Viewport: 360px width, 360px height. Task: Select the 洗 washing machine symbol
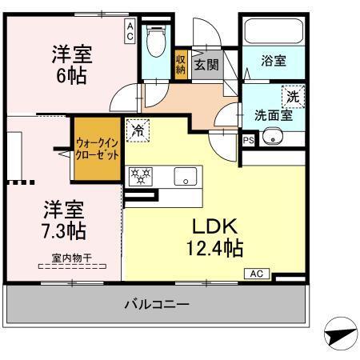pyautogui.click(x=294, y=94)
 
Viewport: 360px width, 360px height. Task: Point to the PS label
pyautogui.click(x=247, y=140)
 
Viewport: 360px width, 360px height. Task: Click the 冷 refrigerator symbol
pyautogui.click(x=138, y=129)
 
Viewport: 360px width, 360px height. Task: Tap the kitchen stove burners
pyautogui.click(x=142, y=175)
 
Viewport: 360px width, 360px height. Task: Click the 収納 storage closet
pyautogui.click(x=181, y=62)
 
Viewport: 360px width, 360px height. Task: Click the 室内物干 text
pyautogui.click(x=68, y=258)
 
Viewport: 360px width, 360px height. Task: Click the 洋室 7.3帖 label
pyautogui.click(x=63, y=220)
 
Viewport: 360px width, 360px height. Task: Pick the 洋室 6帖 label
pyautogui.click(x=72, y=65)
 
